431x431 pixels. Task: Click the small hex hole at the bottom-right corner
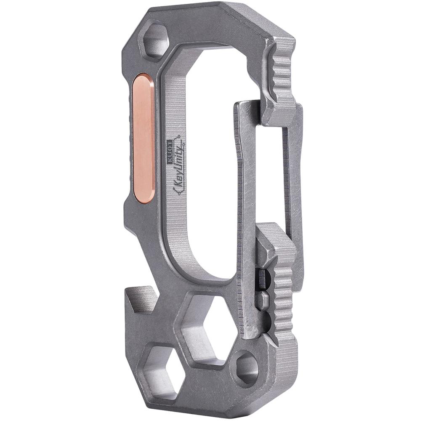[x=246, y=369]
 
